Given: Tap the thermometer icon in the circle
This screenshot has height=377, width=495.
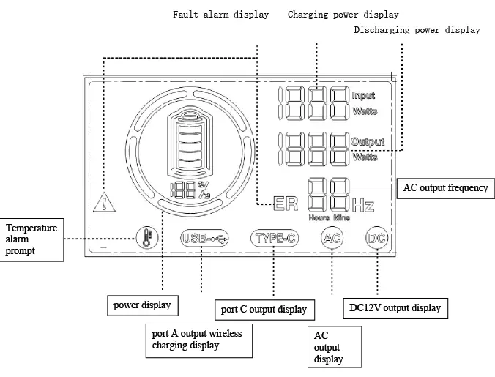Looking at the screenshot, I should (x=146, y=238).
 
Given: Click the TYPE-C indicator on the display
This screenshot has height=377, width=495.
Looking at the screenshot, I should (x=275, y=238).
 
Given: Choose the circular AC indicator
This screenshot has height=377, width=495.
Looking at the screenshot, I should (x=332, y=238).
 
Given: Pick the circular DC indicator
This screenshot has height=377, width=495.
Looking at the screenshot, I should (x=376, y=238).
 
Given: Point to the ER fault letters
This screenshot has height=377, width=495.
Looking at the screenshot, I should (x=285, y=204).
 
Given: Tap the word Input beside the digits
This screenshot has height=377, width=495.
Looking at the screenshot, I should (x=363, y=96).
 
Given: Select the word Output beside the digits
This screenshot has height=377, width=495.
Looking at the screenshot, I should (x=367, y=141).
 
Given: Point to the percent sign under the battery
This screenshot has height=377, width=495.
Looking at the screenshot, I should (x=205, y=190).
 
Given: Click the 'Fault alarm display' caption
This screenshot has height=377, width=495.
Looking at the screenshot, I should (x=220, y=14).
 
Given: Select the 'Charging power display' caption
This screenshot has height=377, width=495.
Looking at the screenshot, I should (x=343, y=14).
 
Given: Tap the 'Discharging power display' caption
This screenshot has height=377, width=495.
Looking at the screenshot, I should (x=417, y=30).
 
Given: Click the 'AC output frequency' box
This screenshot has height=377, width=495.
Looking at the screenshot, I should (x=445, y=188).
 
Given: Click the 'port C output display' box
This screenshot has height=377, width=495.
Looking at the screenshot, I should (x=264, y=310).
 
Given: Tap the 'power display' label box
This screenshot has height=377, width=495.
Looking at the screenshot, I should (x=143, y=303).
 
